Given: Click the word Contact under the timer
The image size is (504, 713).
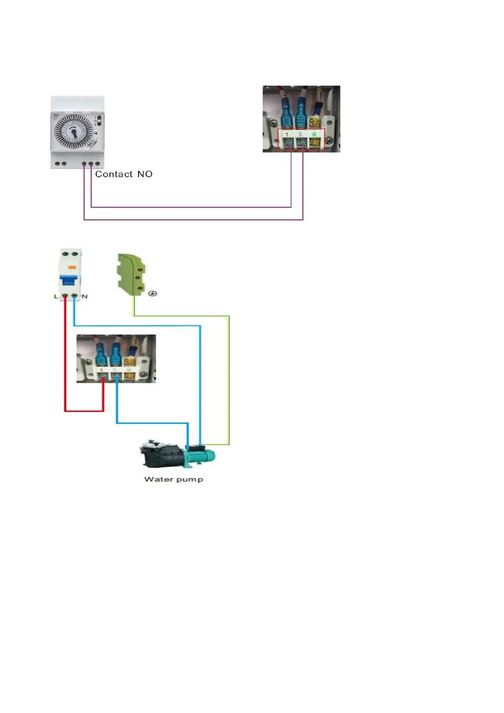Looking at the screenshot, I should click(x=114, y=174).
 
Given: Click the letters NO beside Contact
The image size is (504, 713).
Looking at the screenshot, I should click(x=145, y=174).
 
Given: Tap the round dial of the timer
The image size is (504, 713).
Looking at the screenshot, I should click(x=74, y=132).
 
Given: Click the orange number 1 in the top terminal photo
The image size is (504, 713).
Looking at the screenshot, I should click(x=287, y=134).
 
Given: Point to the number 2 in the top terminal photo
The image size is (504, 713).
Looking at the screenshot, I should click(x=300, y=134).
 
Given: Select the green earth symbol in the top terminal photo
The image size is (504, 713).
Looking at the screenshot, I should click(x=314, y=134).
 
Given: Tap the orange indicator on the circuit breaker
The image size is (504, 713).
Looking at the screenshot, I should click(x=72, y=267).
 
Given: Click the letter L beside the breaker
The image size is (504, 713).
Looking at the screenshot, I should click(x=56, y=296).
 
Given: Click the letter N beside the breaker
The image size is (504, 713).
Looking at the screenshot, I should click(x=85, y=296).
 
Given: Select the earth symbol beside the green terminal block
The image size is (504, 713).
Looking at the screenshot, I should click(x=153, y=293).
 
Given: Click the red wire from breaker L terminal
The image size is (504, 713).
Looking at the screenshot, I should click(x=65, y=360).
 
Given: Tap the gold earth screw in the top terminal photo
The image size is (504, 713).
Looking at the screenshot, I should click(x=314, y=143).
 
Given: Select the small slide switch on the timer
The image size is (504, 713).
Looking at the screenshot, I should click(x=100, y=120).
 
